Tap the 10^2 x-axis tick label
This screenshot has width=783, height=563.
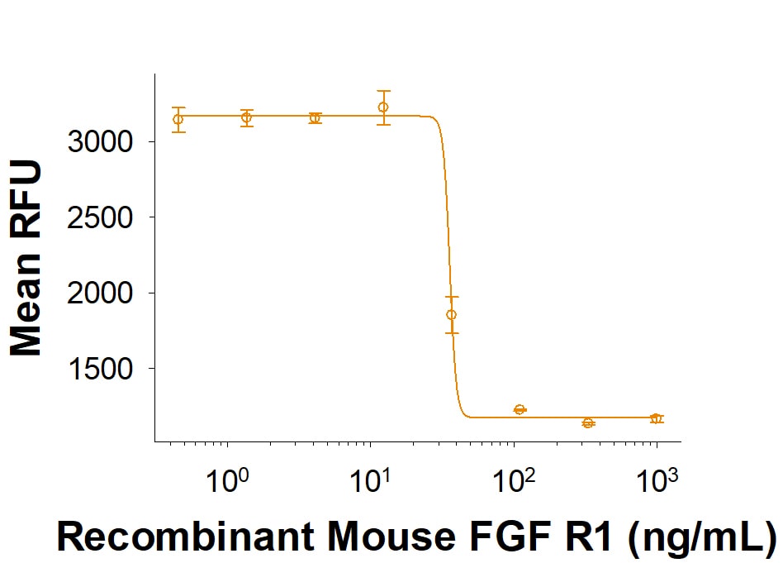coord(513,480)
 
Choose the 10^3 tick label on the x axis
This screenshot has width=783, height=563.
coord(657,480)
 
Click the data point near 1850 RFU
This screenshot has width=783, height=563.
coord(451,314)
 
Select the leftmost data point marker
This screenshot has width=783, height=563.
coord(178,119)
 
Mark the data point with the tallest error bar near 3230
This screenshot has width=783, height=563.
coord(383,107)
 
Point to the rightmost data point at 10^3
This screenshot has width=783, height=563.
coord(656,418)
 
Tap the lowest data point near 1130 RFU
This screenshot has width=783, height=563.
coord(588,422)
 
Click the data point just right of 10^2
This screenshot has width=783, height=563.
coord(520,409)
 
